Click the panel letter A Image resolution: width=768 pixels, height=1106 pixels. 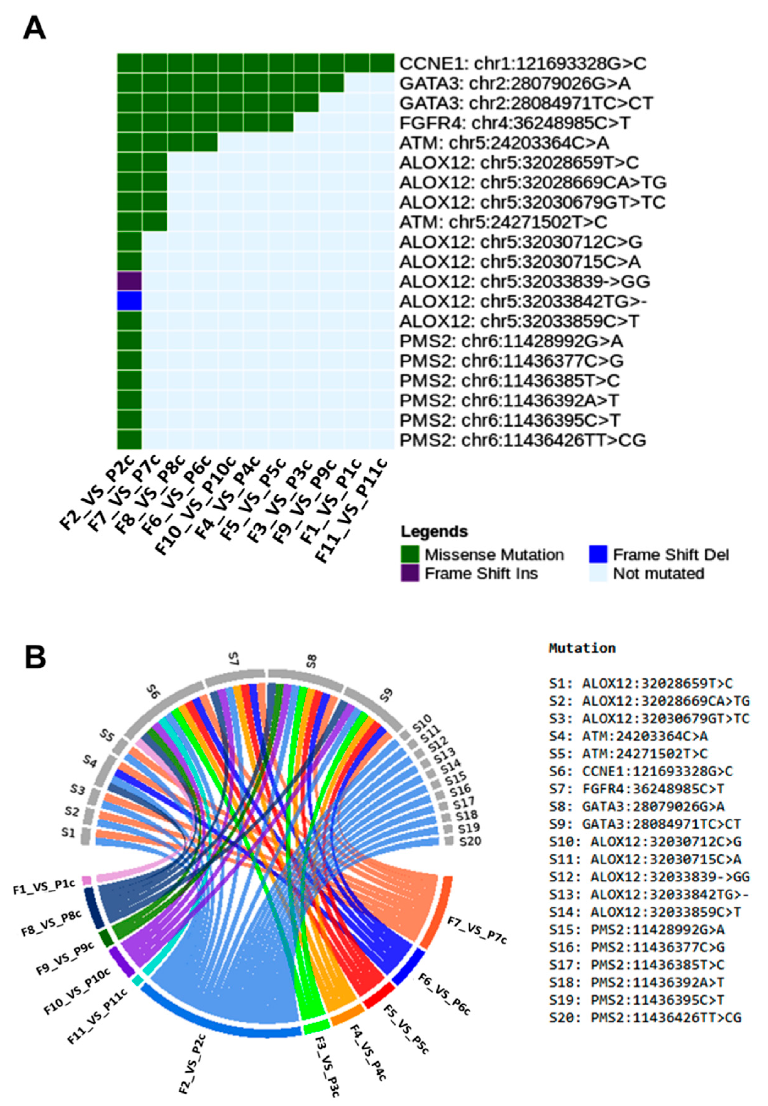point(34,29)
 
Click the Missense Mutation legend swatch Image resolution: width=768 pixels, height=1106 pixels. point(409,554)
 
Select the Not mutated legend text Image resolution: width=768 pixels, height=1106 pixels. point(658,574)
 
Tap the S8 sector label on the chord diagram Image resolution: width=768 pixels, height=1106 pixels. point(311,660)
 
